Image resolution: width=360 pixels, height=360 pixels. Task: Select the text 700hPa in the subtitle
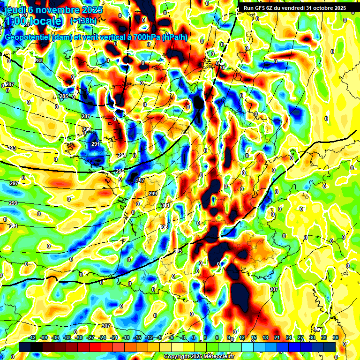tap(145, 37)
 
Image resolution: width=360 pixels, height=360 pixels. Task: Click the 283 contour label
tap(38, 60)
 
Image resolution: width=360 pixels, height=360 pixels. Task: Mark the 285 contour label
tap(64, 96)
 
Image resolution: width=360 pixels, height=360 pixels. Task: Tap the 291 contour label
tap(96, 144)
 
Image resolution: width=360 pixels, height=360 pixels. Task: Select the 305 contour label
tap(178, 251)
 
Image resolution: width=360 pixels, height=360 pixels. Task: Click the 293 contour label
tap(12, 148)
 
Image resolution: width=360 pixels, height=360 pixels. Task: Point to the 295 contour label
tap(120, 172)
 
